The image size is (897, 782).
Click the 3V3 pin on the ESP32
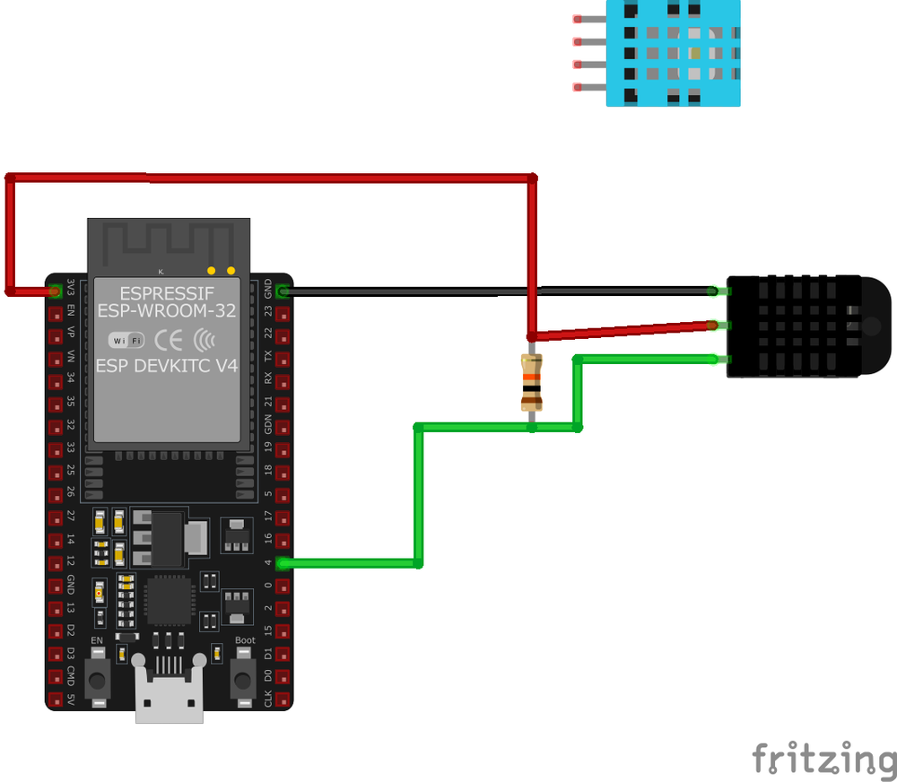click(x=56, y=291)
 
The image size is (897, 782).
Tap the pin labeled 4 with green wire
click(x=283, y=563)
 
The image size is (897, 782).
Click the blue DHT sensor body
click(x=674, y=53)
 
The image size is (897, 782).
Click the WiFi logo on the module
click(x=126, y=341)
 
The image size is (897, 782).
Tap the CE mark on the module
click(x=169, y=340)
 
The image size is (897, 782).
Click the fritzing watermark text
click(x=823, y=758)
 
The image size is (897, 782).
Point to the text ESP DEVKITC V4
click(x=166, y=367)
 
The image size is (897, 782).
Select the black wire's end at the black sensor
click(x=712, y=291)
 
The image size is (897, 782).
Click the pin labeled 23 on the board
click(x=283, y=314)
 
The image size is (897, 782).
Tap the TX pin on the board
click(x=283, y=359)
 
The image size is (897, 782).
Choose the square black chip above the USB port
click(x=170, y=600)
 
